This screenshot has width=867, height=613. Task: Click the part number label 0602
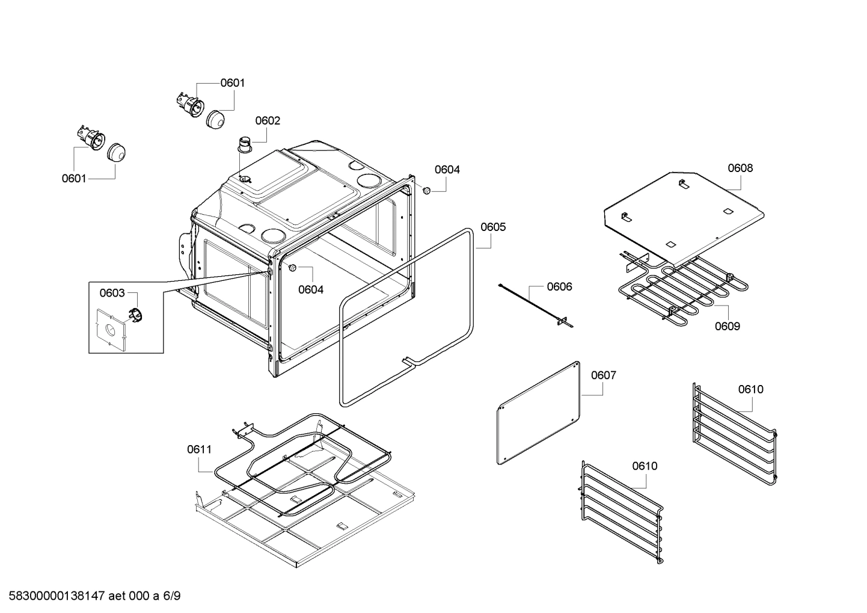[x=268, y=121]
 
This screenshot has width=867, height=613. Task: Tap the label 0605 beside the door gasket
[x=493, y=227]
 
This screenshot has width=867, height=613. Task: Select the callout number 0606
[x=559, y=286]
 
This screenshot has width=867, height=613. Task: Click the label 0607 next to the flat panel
[x=603, y=375]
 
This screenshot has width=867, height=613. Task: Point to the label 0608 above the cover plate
[x=740, y=168]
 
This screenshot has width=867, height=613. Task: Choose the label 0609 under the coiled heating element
[x=727, y=326]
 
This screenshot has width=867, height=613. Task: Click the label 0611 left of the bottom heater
[x=199, y=449]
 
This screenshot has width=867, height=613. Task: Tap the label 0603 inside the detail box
[x=112, y=293]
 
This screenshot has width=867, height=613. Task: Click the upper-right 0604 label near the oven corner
[x=447, y=170]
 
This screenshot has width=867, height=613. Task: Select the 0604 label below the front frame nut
[x=311, y=289]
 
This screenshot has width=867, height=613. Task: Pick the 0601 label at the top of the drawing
[x=232, y=83]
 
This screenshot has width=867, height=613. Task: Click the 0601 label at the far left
[x=74, y=178]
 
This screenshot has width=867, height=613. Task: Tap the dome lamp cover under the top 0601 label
[x=215, y=119]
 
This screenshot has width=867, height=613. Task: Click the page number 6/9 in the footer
[x=172, y=596]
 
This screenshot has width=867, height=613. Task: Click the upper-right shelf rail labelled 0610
[x=734, y=430]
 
